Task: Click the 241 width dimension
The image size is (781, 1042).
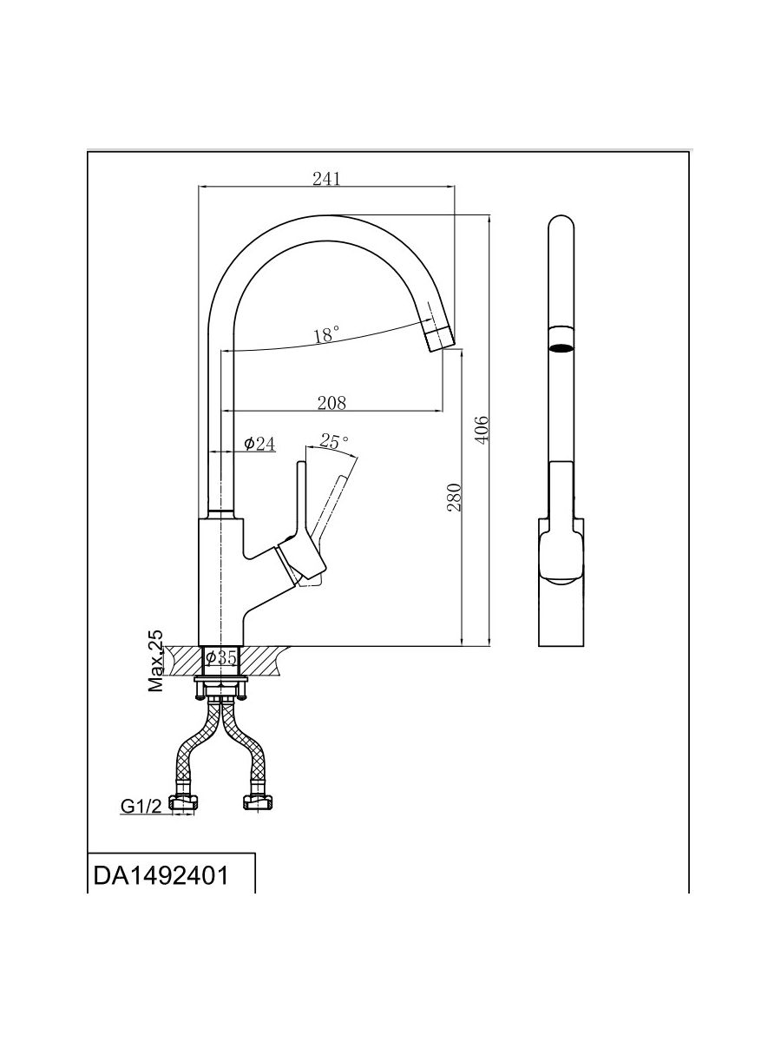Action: click(326, 178)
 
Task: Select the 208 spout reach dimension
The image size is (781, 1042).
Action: click(331, 402)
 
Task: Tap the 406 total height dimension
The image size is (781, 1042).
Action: click(483, 429)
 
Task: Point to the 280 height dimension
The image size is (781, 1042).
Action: click(454, 496)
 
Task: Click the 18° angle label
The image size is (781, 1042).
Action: click(326, 334)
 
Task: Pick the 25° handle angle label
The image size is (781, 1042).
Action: click(334, 441)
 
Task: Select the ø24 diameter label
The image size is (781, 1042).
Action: click(259, 444)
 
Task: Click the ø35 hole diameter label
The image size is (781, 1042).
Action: click(222, 658)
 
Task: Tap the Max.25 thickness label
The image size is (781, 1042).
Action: click(156, 662)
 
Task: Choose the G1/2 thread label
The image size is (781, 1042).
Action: click(141, 807)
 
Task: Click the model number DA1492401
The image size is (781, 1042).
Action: click(161, 874)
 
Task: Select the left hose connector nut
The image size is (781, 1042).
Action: click(183, 803)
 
